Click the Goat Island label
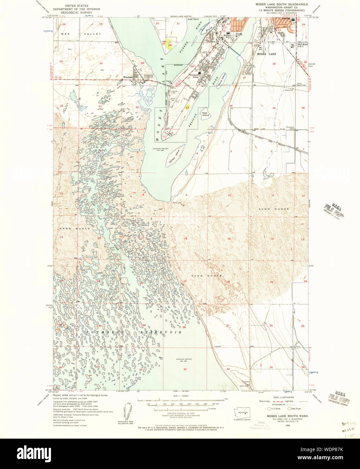click(x=205, y=114)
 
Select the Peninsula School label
click(x=196, y=76)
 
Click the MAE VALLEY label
click(x=81, y=34)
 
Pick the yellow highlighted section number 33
click(x=187, y=107)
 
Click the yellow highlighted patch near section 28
click(x=170, y=45)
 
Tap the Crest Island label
click(x=193, y=19)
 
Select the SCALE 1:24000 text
click(x=181, y=396)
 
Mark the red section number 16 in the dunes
click(x=185, y=239)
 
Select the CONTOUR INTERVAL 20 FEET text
click(x=181, y=413)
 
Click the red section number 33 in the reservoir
click(x=185, y=369)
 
